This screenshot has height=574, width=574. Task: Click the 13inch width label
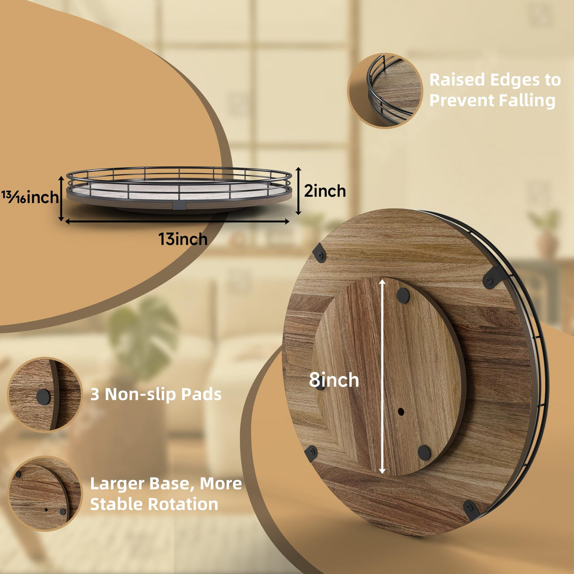pyautogui.click(x=183, y=239)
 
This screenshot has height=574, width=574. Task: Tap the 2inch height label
pyautogui.click(x=325, y=191)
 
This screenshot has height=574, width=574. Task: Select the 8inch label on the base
pyautogui.click(x=334, y=380)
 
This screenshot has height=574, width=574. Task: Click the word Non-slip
pyautogui.click(x=140, y=394)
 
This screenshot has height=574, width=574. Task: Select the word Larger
pyautogui.click(x=117, y=483)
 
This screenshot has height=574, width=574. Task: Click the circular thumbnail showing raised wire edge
pyautogui.click(x=385, y=90)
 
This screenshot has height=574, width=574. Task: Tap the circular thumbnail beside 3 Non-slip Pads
pyautogui.click(x=44, y=394)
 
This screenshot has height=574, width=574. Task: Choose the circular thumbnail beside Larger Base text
pyautogui.click(x=44, y=493)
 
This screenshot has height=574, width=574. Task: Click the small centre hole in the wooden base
pyautogui.click(x=401, y=412)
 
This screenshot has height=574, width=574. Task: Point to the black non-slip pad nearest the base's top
pyautogui.click(x=403, y=296)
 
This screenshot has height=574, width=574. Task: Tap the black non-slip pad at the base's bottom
pyautogui.click(x=424, y=452)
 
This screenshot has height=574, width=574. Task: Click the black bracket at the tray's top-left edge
pyautogui.click(x=320, y=254)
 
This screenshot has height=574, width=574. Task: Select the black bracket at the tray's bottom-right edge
pyautogui.click(x=471, y=510)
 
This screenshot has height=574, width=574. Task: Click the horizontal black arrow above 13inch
pyautogui.click(x=177, y=221)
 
